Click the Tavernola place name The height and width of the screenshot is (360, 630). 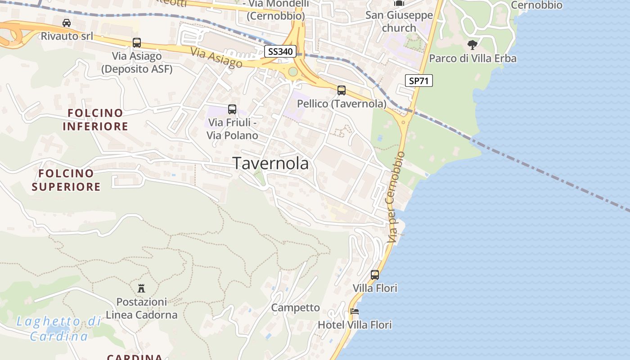tap(270, 163)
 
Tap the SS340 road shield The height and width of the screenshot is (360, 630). tap(280, 51)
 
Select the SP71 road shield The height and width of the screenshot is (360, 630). tap(418, 81)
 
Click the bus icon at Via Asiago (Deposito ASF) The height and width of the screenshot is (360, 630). tap(136, 43)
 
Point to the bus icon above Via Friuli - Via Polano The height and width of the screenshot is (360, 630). tap(232, 109)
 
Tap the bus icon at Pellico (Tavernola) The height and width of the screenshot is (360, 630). tap(342, 90)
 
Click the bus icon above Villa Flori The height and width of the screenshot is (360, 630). tap(375, 274)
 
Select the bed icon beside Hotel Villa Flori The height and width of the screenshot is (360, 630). tap(355, 311)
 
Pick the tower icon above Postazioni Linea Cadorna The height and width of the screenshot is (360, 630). tap(141, 288)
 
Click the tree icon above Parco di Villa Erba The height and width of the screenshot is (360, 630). tap(472, 45)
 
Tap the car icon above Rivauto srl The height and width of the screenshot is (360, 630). tap(67, 22)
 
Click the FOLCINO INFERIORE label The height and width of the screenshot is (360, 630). tap(95, 119)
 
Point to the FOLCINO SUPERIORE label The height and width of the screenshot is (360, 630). tap(66, 180)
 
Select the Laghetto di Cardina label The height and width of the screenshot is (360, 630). tap(58, 328)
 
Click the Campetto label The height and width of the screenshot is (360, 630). tap(295, 308)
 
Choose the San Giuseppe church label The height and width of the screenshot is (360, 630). tap(399, 21)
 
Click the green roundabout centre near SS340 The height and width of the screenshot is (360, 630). tap(293, 72)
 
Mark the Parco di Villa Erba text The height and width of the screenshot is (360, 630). tap(472, 58)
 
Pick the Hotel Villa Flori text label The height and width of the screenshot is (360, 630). tap(355, 324)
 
